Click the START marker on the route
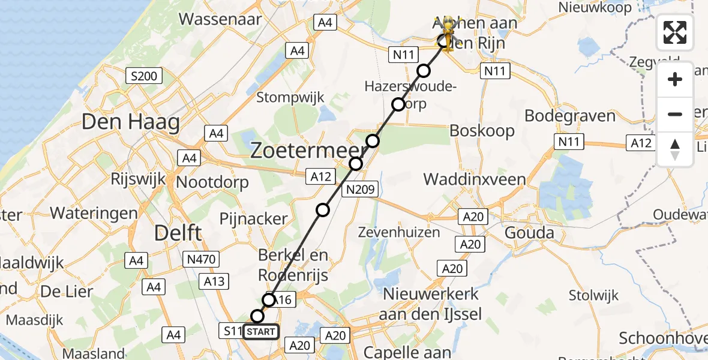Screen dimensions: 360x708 click(x=261, y=331)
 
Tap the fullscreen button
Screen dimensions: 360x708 click(x=675, y=32)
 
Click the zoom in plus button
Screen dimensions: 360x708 click(x=675, y=79)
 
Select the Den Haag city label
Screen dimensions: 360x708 click(x=130, y=123)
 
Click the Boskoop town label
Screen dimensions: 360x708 click(x=482, y=130)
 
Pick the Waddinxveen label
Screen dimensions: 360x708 click(x=475, y=179)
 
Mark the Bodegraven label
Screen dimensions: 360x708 click(x=570, y=116)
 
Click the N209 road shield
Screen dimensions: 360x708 click(x=361, y=190)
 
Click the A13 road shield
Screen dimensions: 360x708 click(x=215, y=281)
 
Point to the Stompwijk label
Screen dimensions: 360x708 click(x=290, y=97)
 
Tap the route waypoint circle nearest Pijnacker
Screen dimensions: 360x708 click(x=323, y=209)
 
